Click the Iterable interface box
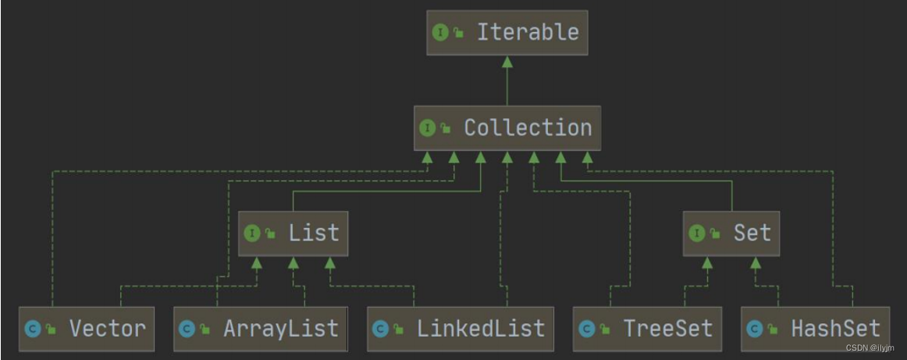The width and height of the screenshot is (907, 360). (506, 33)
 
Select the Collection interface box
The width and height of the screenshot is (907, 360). (507, 128)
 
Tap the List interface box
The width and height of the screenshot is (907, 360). (293, 233)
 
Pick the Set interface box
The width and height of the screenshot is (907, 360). (731, 233)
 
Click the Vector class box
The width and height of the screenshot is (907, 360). (87, 329)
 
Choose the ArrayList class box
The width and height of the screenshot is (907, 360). (260, 329)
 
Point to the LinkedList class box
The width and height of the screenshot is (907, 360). (460, 329)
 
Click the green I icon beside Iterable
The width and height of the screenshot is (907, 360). (440, 33)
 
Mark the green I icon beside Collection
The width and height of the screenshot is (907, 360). (427, 128)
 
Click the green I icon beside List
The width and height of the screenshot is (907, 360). (252, 233)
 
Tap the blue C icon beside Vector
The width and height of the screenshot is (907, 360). (32, 329)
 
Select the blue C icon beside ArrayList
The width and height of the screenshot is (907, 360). (187, 329)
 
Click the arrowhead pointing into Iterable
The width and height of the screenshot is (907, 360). (507, 61)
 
